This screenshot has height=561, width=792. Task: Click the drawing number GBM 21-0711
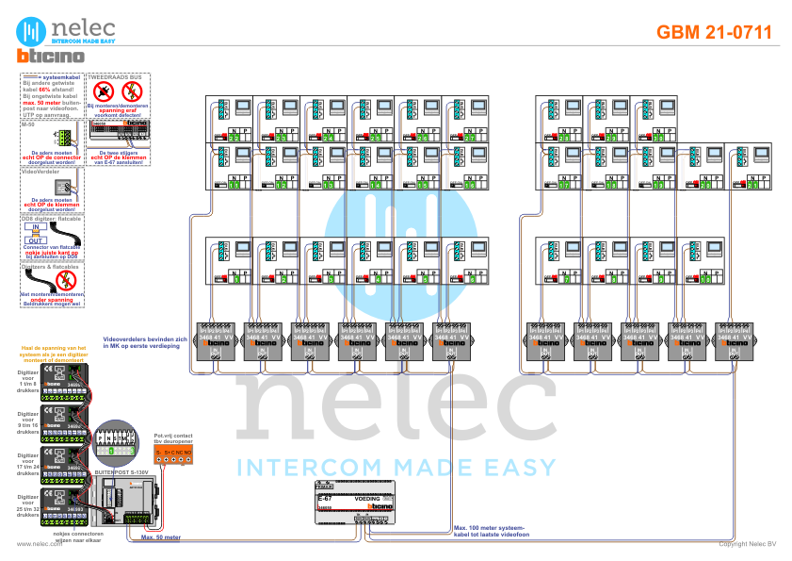(x=713, y=32)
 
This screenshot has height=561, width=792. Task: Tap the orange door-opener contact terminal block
(x=175, y=455)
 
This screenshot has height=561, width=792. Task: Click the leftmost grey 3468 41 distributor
(x=218, y=342)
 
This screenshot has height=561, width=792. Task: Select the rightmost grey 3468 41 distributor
(x=735, y=342)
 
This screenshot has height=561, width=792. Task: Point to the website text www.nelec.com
(x=33, y=544)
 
